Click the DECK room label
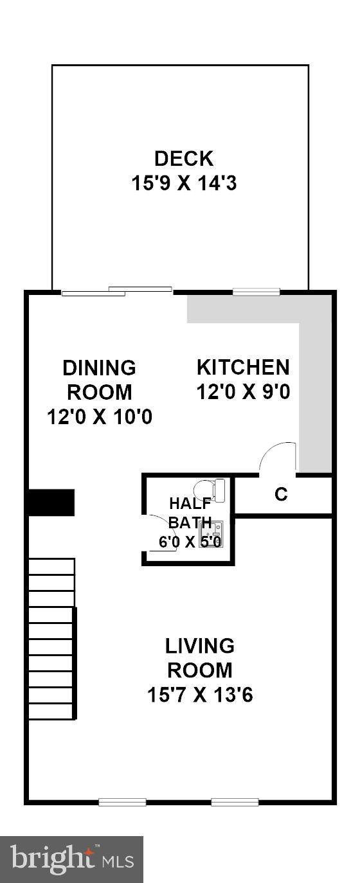(x=184, y=158)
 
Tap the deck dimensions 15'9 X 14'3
(x=184, y=184)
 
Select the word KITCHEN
(x=243, y=368)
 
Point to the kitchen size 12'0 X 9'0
(x=243, y=391)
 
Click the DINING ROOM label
(x=99, y=380)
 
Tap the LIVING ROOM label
(x=200, y=657)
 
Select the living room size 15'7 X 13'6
(x=200, y=695)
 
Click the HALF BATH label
(x=186, y=512)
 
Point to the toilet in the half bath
(x=211, y=490)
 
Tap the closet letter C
(x=281, y=495)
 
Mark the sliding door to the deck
(x=117, y=291)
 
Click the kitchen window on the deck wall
(x=256, y=292)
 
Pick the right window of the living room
(x=235, y=802)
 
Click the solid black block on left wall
(x=51, y=502)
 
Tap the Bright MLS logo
(x=71, y=859)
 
